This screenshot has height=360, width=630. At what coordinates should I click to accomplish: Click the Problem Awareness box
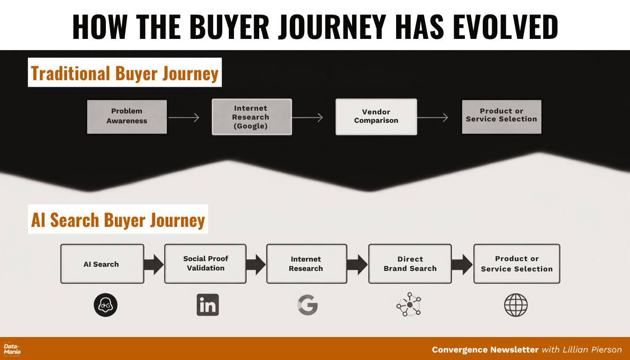[127, 117]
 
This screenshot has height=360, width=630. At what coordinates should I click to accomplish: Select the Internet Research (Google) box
[252, 117]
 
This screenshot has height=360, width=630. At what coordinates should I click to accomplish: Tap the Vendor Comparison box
[376, 117]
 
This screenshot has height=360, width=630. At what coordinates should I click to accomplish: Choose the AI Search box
[102, 264]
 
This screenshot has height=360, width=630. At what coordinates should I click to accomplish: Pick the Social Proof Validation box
[205, 264]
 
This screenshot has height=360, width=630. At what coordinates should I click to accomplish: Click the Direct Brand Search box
[410, 264]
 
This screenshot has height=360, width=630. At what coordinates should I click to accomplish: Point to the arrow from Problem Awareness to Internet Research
[184, 117]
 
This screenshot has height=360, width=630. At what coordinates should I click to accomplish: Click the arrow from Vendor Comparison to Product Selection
[433, 117]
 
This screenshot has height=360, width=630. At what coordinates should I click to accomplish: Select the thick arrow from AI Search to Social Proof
[154, 264]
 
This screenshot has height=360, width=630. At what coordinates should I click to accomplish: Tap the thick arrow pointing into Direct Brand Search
[357, 264]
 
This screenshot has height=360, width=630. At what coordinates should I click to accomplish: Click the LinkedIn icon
[208, 305]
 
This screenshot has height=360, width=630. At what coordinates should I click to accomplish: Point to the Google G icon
[307, 305]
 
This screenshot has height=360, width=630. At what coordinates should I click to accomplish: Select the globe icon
[516, 305]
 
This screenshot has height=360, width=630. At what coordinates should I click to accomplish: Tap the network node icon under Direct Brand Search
[410, 305]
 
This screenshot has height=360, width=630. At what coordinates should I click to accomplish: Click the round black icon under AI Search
[105, 305]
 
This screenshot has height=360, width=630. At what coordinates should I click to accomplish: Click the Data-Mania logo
[12, 349]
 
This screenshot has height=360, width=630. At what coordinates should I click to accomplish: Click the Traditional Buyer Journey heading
[125, 73]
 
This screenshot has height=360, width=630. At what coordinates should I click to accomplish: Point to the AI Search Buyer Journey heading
[118, 219]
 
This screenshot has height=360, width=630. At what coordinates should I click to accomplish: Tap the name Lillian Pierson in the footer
[592, 350]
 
